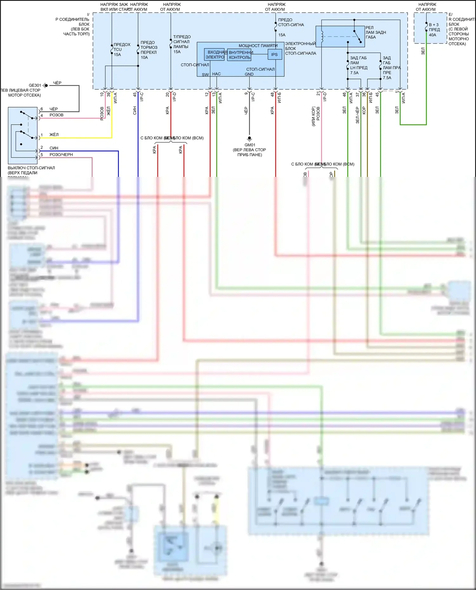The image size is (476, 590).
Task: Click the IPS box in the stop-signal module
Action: pyautogui.click(x=274, y=55)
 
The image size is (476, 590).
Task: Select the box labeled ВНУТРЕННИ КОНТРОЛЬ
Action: pyautogui.click(x=240, y=55)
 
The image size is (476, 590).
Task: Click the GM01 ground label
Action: pyautogui.click(x=250, y=145)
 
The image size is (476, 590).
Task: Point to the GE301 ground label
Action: pyautogui.click(x=35, y=85)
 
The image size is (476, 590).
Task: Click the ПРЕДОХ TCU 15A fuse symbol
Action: pyautogui.click(x=112, y=49)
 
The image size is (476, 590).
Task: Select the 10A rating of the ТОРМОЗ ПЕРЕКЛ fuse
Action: pyautogui.click(x=144, y=57)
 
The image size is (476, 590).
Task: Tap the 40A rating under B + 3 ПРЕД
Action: pyautogui.click(x=433, y=35)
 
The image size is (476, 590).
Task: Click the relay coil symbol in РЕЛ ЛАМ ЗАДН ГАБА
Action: pyautogui.click(x=322, y=36)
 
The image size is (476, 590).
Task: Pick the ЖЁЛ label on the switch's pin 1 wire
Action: pyautogui.click(x=54, y=135)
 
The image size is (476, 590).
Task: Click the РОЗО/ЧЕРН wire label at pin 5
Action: pyautogui.click(x=61, y=155)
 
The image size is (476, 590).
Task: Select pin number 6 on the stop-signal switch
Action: pyautogui.click(x=42, y=109)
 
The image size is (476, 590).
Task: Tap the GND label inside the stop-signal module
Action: pyautogui.click(x=249, y=74)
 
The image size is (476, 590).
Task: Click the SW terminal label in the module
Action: pyautogui.click(x=205, y=75)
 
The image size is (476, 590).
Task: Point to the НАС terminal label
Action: pyautogui.click(x=216, y=74)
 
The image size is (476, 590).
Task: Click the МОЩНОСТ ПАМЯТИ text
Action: pyautogui.click(x=258, y=46)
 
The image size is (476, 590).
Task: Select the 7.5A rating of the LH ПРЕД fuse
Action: pyautogui.click(x=354, y=73)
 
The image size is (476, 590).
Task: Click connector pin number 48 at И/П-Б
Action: pyautogui.click(x=272, y=94)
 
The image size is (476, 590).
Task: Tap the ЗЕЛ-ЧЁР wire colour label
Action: pyautogui.click(x=358, y=115)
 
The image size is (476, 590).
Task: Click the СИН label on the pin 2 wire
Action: pyautogui.click(x=54, y=148)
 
